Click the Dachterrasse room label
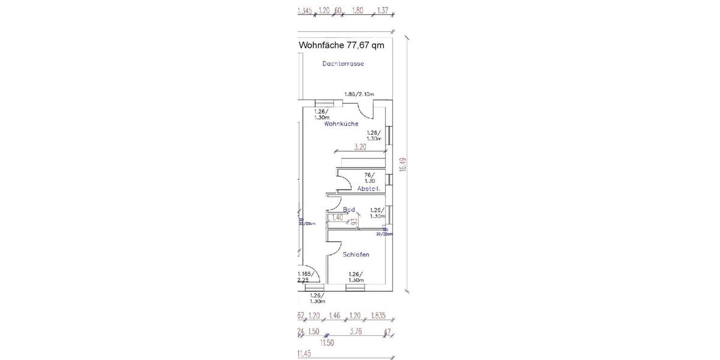pyautogui.click(x=343, y=64)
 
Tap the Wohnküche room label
pyautogui.click(x=341, y=124)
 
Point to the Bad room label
pyautogui.click(x=349, y=209)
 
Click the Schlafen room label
pyautogui.click(x=356, y=254)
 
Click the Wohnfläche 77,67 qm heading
pyautogui.click(x=341, y=45)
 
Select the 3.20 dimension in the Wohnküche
pyautogui.click(x=360, y=146)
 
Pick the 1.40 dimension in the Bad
pyautogui.click(x=338, y=218)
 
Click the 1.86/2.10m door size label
pyautogui.click(x=359, y=94)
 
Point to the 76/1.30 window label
pyautogui.click(x=370, y=178)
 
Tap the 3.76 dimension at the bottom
pyautogui.click(x=356, y=331)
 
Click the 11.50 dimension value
pyautogui.click(x=326, y=343)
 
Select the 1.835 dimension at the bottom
pyautogui.click(x=378, y=316)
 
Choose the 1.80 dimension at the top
pyautogui.click(x=358, y=10)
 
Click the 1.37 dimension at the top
pyautogui.click(x=383, y=10)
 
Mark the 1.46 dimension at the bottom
pyautogui.click(x=335, y=316)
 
